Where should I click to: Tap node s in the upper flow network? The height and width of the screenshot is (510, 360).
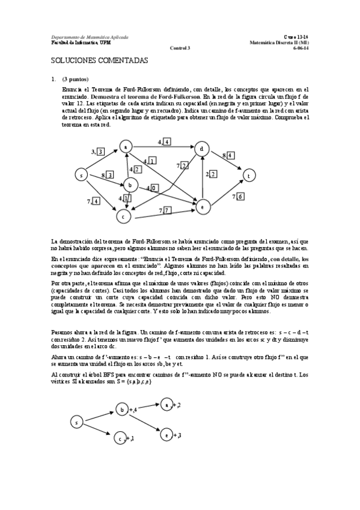[x=81, y=175]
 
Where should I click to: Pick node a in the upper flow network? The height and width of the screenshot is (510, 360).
[x=125, y=147]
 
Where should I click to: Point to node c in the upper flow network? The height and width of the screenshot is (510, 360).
[x=124, y=215]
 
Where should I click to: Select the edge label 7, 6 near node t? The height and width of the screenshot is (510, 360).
[x=238, y=197]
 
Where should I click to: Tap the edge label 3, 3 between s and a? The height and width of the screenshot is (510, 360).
[x=97, y=151]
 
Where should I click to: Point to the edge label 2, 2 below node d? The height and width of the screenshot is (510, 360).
[x=211, y=174]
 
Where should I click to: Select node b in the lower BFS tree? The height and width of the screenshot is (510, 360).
[x=121, y=410]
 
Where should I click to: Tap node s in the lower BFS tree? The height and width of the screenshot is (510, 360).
[x=76, y=423]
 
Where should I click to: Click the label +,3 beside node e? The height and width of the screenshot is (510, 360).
[x=177, y=434]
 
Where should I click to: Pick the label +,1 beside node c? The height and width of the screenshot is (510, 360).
[x=129, y=439]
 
